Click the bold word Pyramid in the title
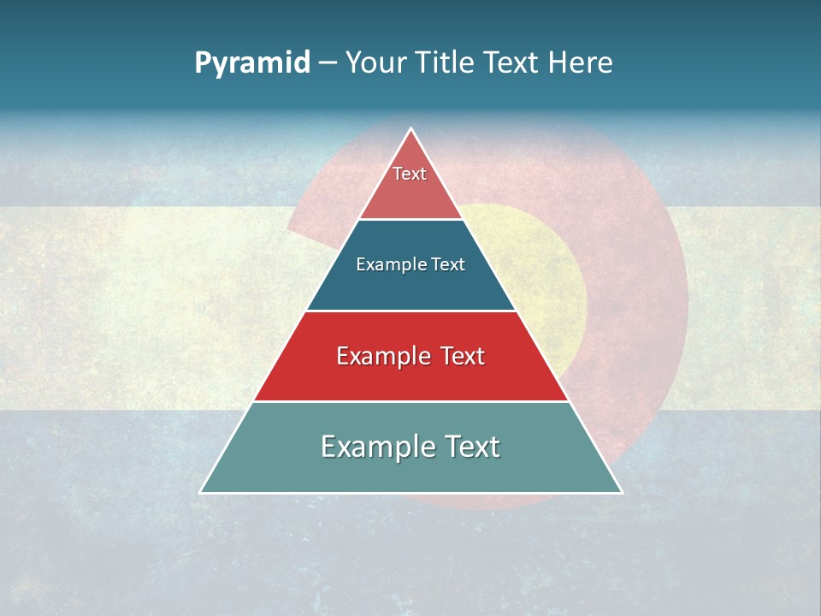(252, 63)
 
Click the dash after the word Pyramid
(328, 63)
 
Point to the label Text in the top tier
(410, 174)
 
